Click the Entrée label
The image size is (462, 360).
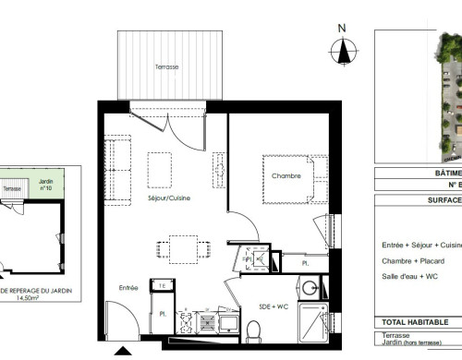(129, 288)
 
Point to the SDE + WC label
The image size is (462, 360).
(273, 306)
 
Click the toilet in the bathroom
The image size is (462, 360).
(253, 328)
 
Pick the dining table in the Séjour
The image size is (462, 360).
(182, 247)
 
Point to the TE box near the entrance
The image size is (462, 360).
(163, 286)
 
